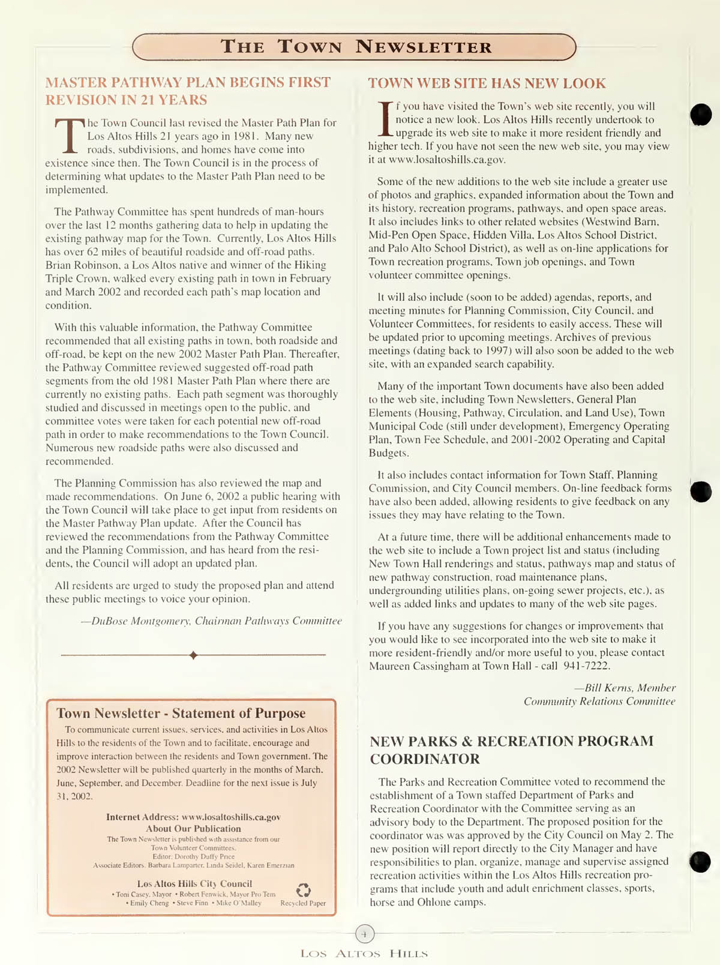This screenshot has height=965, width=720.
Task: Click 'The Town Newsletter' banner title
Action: (x=356, y=47)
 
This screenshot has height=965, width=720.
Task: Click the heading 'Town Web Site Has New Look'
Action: (x=487, y=83)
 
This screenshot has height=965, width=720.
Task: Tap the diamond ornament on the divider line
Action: (x=193, y=655)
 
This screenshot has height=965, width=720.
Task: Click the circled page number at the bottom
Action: (x=365, y=934)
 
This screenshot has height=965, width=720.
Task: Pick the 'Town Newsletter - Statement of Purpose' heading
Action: (x=181, y=714)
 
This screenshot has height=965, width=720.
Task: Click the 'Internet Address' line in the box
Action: (x=193, y=817)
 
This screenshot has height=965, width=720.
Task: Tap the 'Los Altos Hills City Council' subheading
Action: (x=194, y=884)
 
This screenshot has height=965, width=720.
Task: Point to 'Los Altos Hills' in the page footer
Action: (x=364, y=954)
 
